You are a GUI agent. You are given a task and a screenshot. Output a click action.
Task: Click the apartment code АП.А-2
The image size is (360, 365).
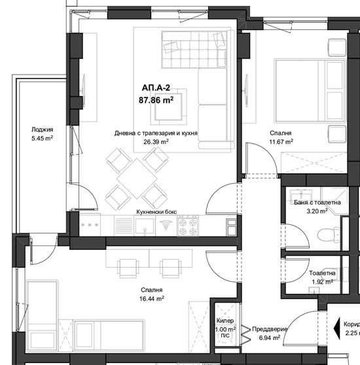point(155,88)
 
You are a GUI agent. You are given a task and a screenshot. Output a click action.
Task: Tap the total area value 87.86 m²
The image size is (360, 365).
point(155,100)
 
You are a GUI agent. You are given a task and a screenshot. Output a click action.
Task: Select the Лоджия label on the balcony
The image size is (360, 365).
point(41,130)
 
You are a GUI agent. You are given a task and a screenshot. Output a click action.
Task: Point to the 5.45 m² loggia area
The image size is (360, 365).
point(41,139)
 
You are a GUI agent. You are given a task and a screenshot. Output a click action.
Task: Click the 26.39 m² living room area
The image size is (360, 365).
point(156,141)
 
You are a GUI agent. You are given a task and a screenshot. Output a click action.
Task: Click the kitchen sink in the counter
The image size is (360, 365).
point(144,226)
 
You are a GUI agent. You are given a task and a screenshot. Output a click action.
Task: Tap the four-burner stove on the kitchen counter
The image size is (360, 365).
point(190,226)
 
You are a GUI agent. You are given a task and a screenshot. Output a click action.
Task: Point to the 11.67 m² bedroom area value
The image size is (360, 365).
point(280,141)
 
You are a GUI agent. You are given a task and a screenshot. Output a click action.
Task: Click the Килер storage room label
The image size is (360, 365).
point(225,321)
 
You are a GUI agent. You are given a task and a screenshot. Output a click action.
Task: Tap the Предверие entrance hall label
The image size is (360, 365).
point(267,330)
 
